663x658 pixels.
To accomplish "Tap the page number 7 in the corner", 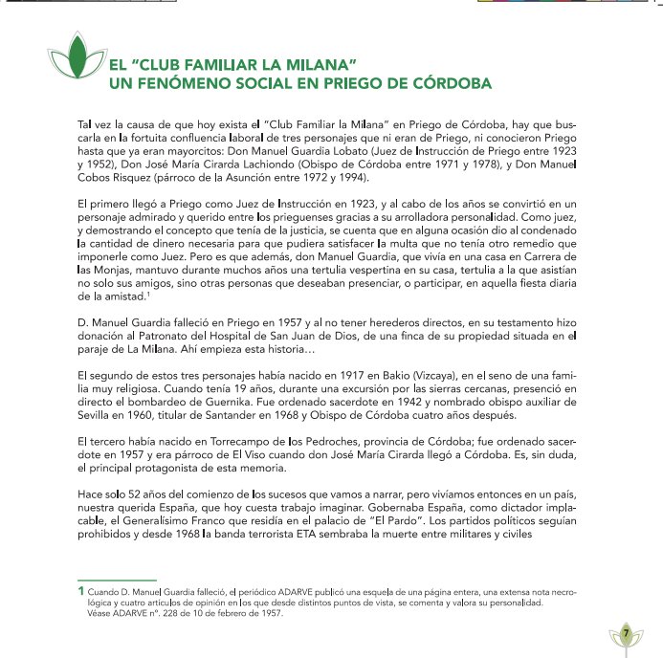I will [x=625, y=633].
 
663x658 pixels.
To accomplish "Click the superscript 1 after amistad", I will [x=169, y=295].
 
